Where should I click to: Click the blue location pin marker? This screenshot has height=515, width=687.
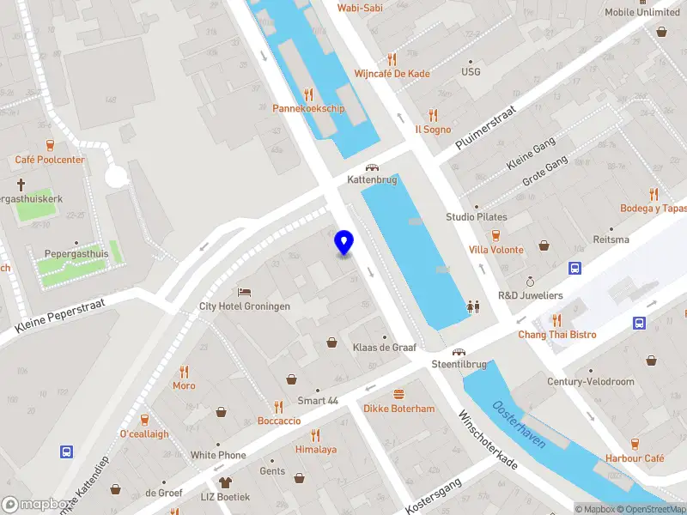pos(344,244)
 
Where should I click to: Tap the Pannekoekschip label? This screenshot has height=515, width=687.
pos(308,108)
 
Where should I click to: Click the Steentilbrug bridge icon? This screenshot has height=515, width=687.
pos(459,352)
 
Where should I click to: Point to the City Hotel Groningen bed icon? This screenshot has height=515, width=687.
pos(245,293)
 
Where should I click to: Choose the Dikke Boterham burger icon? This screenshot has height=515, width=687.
pos(398,395)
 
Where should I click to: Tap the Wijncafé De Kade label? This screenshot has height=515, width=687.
pos(392,74)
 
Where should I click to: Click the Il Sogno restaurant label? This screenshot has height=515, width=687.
pos(433,130)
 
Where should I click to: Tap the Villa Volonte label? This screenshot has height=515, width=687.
pos(495,250)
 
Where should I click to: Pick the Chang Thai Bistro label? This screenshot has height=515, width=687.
pos(556,334)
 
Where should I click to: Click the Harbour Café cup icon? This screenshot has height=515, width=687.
pos(635,444)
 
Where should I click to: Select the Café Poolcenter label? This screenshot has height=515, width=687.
pos(50,160)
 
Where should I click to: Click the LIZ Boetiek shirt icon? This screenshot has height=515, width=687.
pos(226,483)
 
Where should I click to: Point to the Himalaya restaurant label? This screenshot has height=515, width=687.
pos(316,449)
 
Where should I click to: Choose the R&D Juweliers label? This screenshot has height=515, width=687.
pos(530,295)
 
